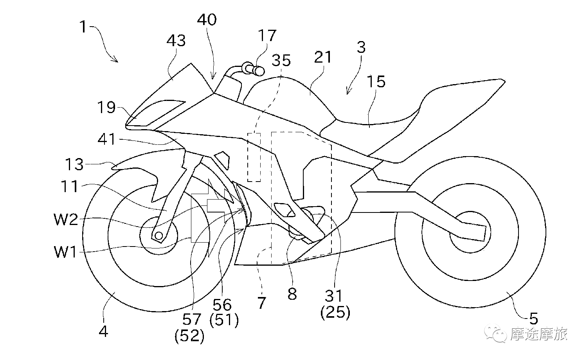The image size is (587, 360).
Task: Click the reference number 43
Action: pyautogui.click(x=176, y=41)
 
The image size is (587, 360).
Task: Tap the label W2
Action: pyautogui.click(x=66, y=219)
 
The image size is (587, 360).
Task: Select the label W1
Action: pyautogui.click(x=65, y=252)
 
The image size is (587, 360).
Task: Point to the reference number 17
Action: pyautogui.click(x=267, y=35)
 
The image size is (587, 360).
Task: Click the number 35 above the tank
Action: pyautogui.click(x=281, y=60)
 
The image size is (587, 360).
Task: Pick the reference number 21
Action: pyautogui.click(x=323, y=57)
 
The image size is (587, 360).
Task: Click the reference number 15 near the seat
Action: pyautogui.click(x=376, y=81)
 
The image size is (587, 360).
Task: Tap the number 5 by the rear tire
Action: pyautogui.click(x=533, y=319)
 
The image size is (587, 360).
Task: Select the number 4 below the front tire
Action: pyautogui.click(x=103, y=331)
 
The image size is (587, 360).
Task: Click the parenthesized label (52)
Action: pyautogui.click(x=189, y=336)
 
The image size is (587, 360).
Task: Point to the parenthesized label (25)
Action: pyautogui.click(x=335, y=312)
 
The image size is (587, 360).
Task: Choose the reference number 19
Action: pyautogui.click(x=106, y=107)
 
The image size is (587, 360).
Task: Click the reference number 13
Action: pyautogui.click(x=74, y=164)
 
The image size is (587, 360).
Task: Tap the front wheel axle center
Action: pyautogui.click(x=159, y=236)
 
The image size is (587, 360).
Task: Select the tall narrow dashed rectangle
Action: pyautogui.click(x=254, y=157)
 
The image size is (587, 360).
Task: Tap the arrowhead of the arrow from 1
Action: pyautogui.click(x=115, y=60)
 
